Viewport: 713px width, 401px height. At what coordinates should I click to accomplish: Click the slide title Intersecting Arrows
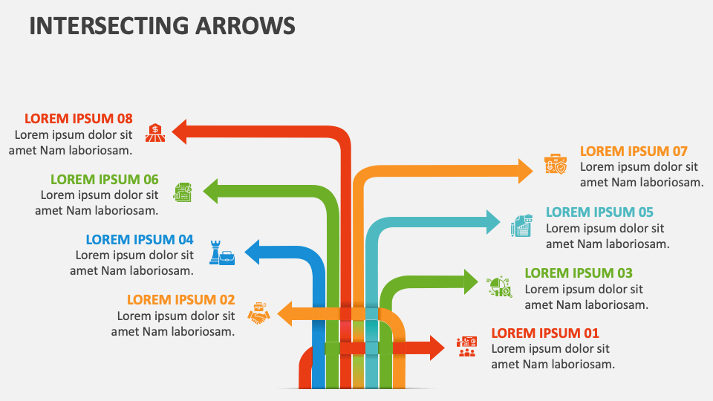[162, 25]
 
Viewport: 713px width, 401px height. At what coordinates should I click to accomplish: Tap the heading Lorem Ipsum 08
[78, 118]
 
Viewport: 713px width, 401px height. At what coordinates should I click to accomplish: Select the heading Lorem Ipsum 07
[634, 151]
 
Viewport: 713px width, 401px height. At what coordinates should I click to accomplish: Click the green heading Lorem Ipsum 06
[105, 179]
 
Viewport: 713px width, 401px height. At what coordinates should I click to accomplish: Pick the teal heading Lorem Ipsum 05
[599, 212]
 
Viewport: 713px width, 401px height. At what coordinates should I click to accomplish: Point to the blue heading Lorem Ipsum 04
[140, 240]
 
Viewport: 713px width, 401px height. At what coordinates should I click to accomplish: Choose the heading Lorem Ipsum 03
[579, 273]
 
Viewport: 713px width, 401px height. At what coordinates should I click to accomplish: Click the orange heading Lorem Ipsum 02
[180, 300]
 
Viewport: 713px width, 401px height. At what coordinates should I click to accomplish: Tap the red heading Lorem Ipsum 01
[545, 333]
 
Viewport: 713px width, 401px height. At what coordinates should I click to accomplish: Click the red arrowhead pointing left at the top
[179, 132]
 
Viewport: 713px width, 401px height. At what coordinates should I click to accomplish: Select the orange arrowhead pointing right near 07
[526, 170]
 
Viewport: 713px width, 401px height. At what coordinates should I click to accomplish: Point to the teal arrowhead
[494, 221]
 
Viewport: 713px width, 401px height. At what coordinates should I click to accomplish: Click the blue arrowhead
[252, 252]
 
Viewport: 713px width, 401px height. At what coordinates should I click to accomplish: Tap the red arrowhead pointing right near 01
[437, 347]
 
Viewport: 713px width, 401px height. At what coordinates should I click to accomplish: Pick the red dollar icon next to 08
[155, 132]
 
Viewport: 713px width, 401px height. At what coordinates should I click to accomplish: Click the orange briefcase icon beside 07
[556, 164]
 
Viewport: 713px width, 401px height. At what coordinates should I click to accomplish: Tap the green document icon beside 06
[183, 192]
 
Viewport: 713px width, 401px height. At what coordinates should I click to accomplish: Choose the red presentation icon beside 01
[467, 346]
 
